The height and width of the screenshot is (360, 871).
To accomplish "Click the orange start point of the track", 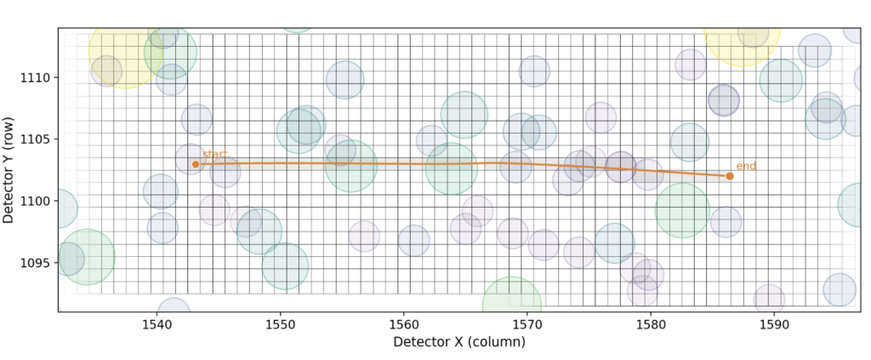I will pyautogui.click(x=196, y=164).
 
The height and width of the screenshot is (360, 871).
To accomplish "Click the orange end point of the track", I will pyautogui.click(x=730, y=176).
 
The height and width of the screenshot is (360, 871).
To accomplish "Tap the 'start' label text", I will pyautogui.click(x=214, y=154).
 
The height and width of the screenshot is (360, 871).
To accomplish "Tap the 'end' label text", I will pyautogui.click(x=746, y=166).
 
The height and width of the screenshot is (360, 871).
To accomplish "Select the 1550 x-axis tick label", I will pyautogui.click(x=280, y=324).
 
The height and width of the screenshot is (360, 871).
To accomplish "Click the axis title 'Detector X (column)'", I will pyautogui.click(x=458, y=342).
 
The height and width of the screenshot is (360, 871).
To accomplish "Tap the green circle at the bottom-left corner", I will pyautogui.click(x=85, y=257).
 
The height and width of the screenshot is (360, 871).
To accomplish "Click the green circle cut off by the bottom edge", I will pyautogui.click(x=511, y=302).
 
